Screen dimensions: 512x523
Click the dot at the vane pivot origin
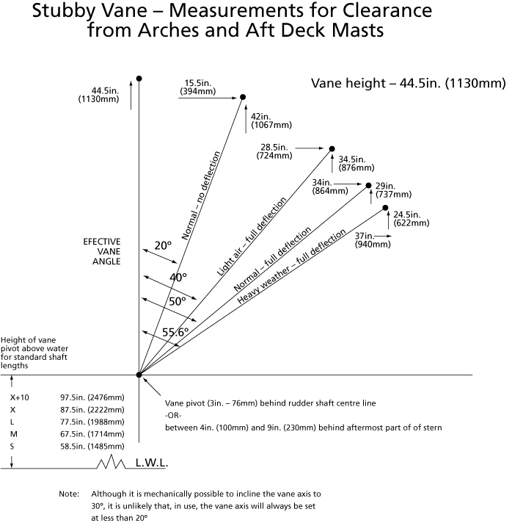(139, 375)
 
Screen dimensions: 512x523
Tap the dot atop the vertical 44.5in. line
(139, 79)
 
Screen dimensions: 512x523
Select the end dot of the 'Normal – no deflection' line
(243, 97)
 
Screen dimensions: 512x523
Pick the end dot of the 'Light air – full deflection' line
(332, 149)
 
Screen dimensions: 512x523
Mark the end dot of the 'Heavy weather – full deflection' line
(385, 208)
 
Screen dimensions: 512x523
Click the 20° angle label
(163, 246)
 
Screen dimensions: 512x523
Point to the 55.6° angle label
(175, 332)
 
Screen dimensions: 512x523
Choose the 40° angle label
(178, 278)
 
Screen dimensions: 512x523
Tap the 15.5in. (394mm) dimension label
(198, 87)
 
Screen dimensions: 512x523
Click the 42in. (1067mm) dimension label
(271, 120)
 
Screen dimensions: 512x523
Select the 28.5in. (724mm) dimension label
(274, 151)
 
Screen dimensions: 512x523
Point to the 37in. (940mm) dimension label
(373, 240)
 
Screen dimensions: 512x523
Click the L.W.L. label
(152, 463)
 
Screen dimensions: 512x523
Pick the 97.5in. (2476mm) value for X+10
(92, 397)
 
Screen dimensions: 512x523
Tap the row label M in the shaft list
(14, 434)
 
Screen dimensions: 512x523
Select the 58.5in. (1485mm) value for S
(92, 447)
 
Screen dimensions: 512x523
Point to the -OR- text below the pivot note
(173, 416)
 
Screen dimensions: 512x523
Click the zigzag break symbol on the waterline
(111, 461)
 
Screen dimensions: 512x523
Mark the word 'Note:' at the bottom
(69, 494)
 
